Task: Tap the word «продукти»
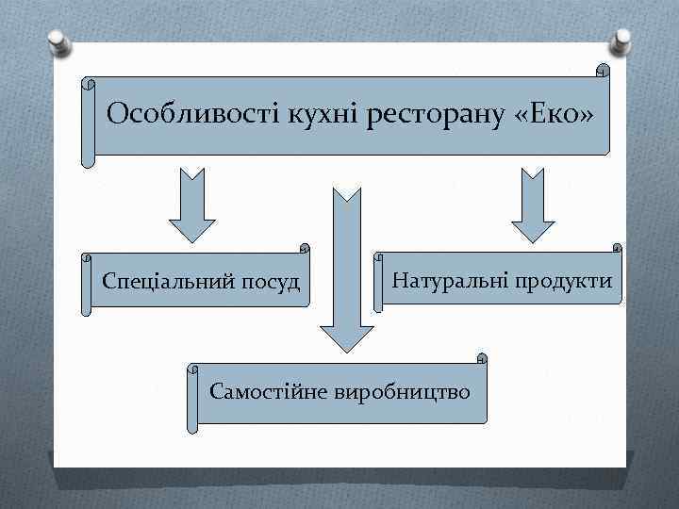[563, 280]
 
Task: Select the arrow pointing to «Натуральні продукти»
[533, 207]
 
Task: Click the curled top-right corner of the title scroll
[603, 72]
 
